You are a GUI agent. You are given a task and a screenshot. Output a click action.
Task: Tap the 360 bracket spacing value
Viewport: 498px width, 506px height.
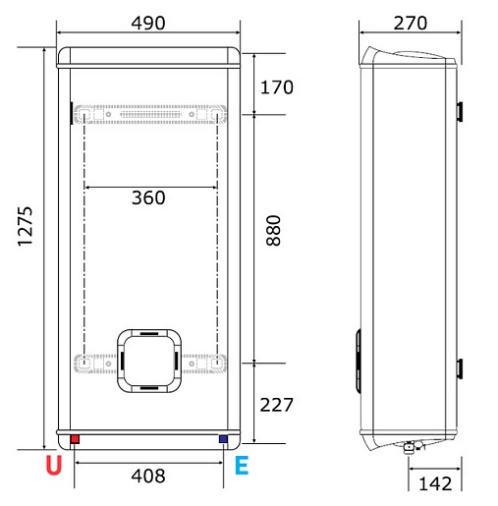[x=148, y=197]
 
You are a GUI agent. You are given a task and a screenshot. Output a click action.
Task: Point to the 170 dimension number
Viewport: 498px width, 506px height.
[x=277, y=87]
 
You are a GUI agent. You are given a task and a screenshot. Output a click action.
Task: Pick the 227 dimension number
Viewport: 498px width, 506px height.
[x=277, y=404]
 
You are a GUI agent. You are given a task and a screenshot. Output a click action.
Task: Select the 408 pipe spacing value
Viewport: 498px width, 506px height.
[x=148, y=477]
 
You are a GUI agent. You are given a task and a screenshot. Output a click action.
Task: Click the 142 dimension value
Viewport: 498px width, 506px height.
[x=434, y=482]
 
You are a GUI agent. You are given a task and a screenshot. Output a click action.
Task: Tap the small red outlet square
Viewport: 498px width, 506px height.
[x=75, y=439]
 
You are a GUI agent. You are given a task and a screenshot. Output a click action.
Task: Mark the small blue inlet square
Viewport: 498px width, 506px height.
[x=223, y=439]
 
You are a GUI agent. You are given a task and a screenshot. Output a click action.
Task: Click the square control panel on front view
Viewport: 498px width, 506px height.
[x=148, y=360]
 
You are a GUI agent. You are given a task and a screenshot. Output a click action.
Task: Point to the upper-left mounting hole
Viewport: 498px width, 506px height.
[x=84, y=115]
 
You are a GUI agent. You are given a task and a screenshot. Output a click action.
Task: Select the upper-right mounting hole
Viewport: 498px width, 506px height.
[x=215, y=115]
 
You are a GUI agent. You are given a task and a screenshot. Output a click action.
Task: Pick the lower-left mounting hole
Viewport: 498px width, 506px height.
[x=84, y=363]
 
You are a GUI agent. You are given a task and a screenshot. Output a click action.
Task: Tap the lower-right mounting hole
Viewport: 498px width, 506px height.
[x=215, y=363]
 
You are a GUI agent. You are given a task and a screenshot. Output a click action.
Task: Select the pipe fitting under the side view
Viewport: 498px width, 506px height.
[x=410, y=446]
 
